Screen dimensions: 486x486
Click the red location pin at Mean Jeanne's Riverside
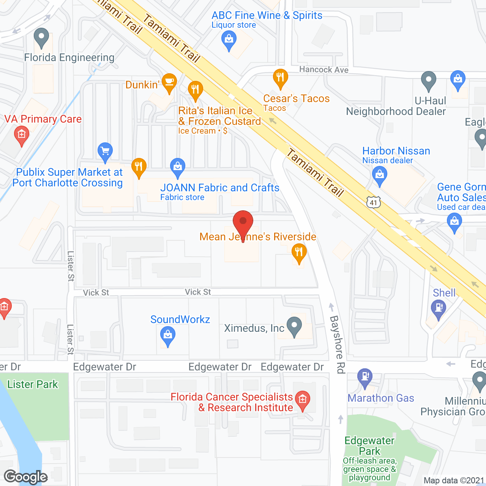(243, 222)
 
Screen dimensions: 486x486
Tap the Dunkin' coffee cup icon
(169, 82)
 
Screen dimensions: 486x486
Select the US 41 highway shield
(373, 202)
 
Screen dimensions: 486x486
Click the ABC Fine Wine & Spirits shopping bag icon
(229, 39)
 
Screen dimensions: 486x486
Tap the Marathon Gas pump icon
(365, 377)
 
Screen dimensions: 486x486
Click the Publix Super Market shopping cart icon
(105, 151)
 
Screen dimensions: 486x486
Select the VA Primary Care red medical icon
(22, 134)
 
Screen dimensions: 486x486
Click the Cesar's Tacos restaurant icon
(280, 77)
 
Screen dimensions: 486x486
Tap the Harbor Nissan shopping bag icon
(380, 175)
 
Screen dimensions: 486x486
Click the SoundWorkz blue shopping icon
(167, 335)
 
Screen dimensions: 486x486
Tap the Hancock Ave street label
(323, 69)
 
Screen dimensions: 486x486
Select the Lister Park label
(33, 384)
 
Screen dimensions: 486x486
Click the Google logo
(26, 477)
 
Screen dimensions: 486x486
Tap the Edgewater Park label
(369, 446)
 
